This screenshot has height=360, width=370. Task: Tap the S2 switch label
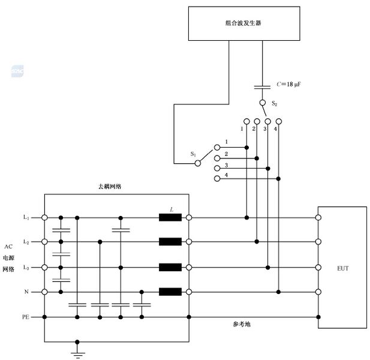point(274,104)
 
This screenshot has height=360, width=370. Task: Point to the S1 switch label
point(193,154)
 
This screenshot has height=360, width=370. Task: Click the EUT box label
point(342,268)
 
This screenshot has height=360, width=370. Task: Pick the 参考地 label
point(242,324)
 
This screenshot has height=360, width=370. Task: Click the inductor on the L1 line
point(170,217)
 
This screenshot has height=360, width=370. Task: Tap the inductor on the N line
point(170,292)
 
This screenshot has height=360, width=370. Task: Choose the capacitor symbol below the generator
point(262,87)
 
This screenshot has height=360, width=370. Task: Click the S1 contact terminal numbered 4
point(216,178)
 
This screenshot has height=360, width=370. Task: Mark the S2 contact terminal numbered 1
point(246,121)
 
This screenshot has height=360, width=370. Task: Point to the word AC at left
point(8,247)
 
